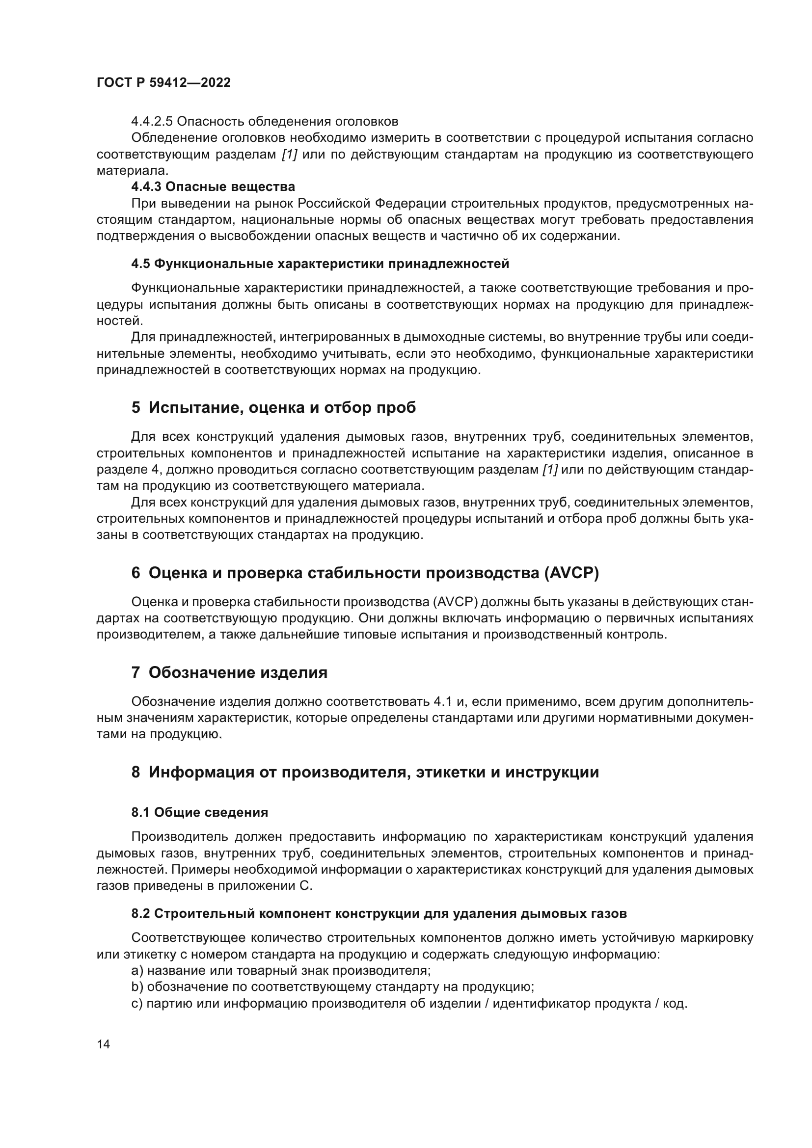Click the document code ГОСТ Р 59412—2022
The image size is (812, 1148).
[163, 83]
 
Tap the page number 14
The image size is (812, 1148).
[104, 1044]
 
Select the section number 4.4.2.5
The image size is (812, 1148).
[152, 122]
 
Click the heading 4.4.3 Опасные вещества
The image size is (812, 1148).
[213, 187]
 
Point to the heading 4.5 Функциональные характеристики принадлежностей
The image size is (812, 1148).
[320, 264]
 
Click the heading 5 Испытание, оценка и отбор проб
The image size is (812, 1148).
[273, 408]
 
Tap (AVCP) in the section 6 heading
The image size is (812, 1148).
[570, 573]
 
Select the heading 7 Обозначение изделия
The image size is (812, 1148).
[229, 672]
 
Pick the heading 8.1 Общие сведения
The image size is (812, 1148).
[199, 812]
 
